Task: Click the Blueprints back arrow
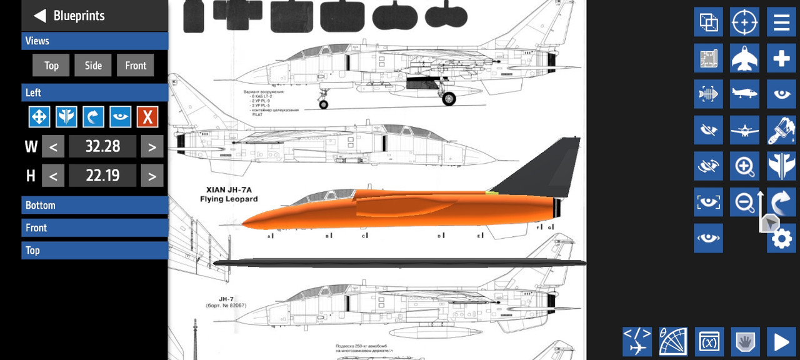point(40,16)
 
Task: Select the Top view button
point(51,65)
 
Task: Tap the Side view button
point(93,65)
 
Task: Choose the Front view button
point(135,65)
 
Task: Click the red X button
point(147,117)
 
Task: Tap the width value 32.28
point(102,147)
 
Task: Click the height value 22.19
point(102,176)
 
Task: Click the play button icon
point(781,342)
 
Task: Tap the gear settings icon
point(782,239)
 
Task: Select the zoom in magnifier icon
point(744,166)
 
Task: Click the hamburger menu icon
point(782,22)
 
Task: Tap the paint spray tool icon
point(782,130)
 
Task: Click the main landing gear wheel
point(449,98)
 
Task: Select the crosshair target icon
point(744,22)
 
